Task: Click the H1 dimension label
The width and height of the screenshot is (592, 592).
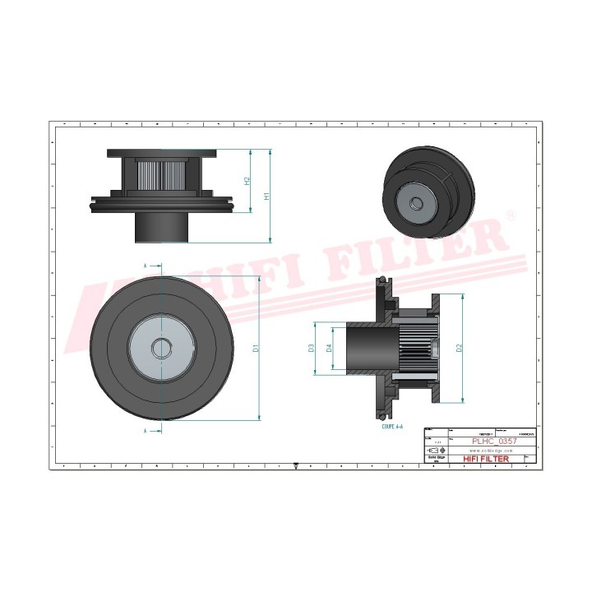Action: (266, 197)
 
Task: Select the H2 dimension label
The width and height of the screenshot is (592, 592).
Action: (247, 180)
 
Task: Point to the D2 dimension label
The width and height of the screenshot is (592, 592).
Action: (460, 348)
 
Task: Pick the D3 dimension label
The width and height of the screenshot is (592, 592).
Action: (312, 349)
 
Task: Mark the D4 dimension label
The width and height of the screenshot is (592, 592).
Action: (330, 349)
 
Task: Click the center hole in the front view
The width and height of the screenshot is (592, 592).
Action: (161, 348)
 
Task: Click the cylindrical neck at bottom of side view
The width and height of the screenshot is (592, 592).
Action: (162, 224)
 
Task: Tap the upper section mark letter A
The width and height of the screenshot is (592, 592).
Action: (145, 267)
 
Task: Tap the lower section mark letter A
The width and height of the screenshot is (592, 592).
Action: (145, 430)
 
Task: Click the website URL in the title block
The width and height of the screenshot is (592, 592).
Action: (490, 450)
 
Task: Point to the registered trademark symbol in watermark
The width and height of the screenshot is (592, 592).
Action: (511, 215)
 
